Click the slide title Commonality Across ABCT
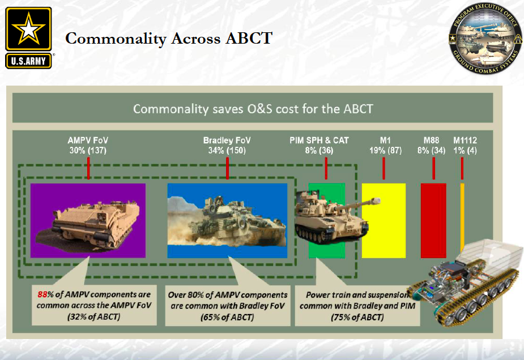pos(169,39)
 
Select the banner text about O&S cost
pos(253,108)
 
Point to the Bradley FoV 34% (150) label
pos(227,146)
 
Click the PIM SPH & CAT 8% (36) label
pos(319,146)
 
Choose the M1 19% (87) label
pos(384,146)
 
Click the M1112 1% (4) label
pos(465,146)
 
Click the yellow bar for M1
pos(384,221)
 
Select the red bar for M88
pos(433,221)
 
